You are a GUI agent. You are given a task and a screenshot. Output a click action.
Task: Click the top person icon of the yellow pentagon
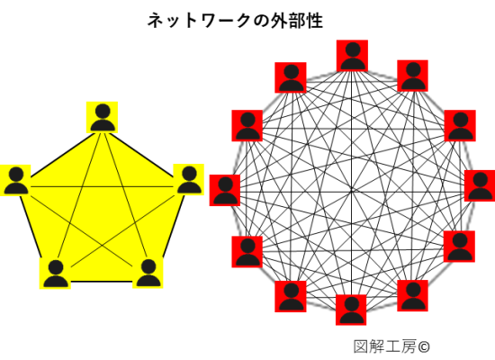coord(102,117)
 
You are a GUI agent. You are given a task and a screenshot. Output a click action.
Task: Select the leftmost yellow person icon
coord(15,180)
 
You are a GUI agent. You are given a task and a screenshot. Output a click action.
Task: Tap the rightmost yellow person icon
coord(189,180)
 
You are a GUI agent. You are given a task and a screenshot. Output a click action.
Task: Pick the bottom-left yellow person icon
coord(55,274)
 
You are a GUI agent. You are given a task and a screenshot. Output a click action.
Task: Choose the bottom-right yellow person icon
coord(148,273)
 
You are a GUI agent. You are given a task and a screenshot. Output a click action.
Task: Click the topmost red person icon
coord(352,56)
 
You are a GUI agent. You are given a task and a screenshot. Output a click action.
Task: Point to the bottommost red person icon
coord(351,310)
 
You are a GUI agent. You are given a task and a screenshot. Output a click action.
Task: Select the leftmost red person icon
coord(225,190)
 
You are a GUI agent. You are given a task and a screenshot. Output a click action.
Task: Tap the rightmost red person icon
coord(480,185)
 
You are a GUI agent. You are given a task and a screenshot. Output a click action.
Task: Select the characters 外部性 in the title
coord(297,21)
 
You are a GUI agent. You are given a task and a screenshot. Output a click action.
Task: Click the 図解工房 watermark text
coord(385,346)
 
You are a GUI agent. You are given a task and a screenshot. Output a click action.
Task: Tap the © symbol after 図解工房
coord(424,347)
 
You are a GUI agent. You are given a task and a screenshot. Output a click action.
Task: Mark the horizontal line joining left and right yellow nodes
coord(102,187)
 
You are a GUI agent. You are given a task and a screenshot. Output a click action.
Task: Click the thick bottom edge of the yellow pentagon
coord(102,281)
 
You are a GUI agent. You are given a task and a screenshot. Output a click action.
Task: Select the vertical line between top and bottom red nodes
coord(351,183)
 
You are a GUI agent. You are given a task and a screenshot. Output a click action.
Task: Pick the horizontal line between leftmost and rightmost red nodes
coord(352,192)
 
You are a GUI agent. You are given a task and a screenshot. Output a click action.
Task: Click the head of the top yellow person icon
coord(103,112)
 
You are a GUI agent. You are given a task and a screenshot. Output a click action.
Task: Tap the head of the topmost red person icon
coord(353,49)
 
